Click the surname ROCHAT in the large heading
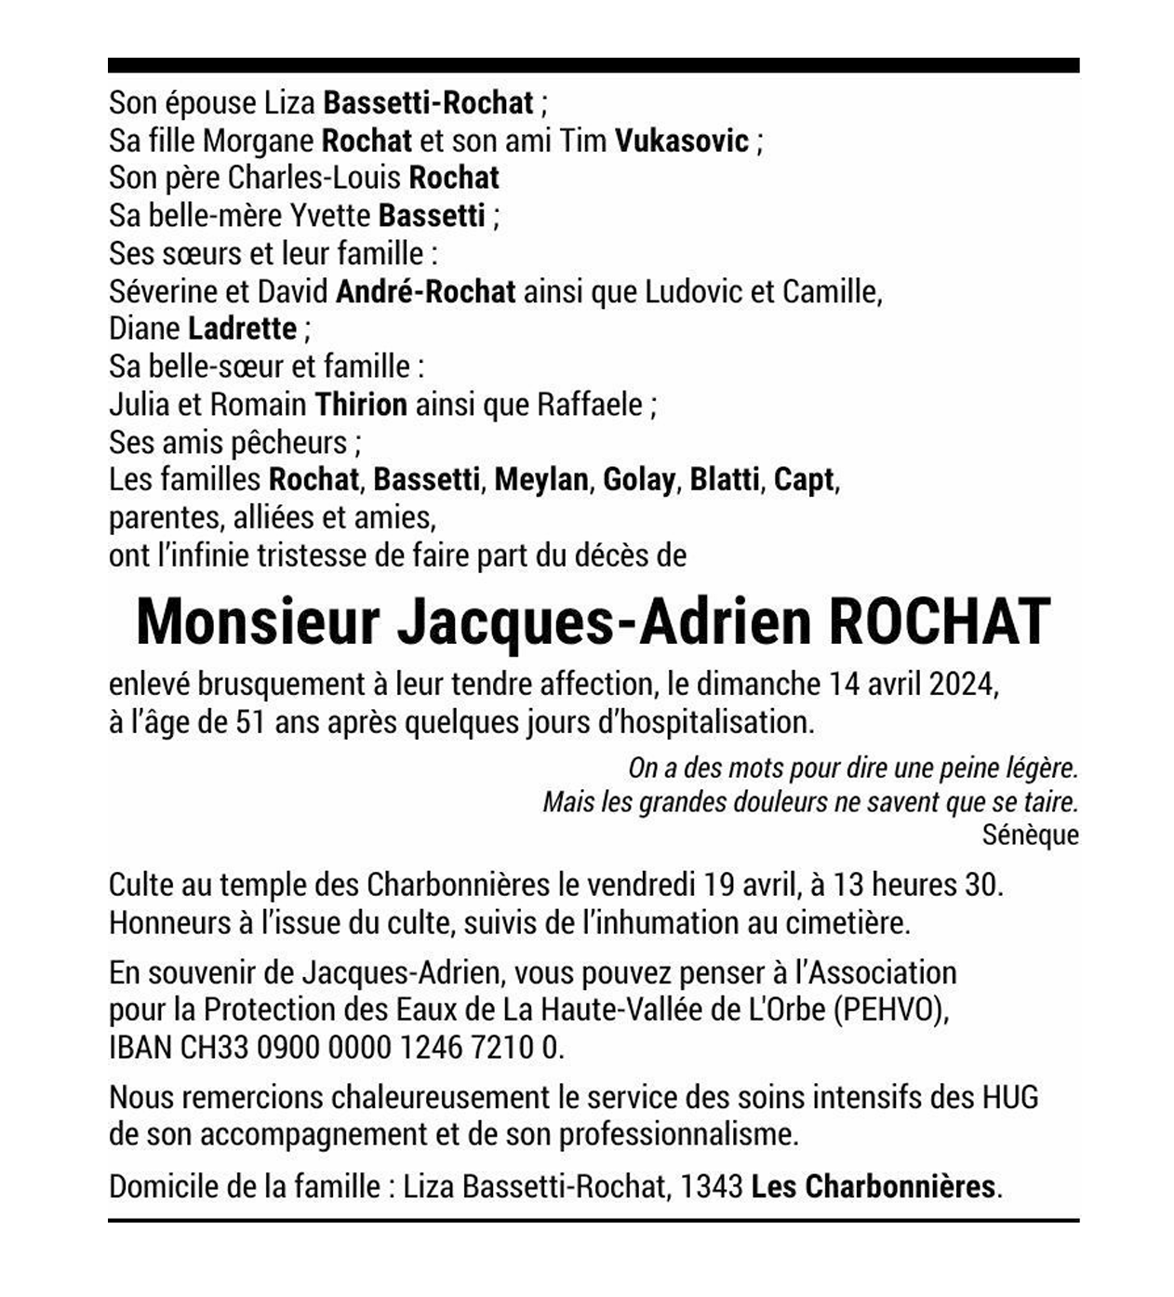(940, 622)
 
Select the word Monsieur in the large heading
(259, 622)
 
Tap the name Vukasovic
(682, 140)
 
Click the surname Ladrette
(242, 328)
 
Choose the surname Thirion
(361, 405)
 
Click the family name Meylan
(541, 480)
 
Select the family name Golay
(639, 480)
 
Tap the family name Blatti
(724, 480)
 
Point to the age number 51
(250, 723)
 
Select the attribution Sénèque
(1030, 835)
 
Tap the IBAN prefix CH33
(214, 1049)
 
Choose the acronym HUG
(1010, 1098)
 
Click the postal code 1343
(712, 1186)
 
